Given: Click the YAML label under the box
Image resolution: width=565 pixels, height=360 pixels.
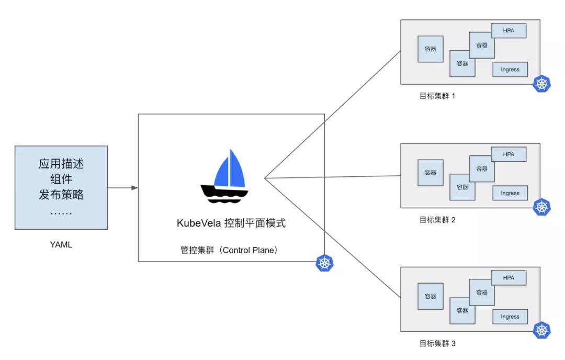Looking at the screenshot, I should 61,244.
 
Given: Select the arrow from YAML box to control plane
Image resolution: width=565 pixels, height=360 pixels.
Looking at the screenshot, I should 123,187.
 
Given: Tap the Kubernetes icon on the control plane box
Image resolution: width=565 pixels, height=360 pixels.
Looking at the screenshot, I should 324,263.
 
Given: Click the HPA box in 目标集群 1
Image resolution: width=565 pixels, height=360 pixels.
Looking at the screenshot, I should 508,31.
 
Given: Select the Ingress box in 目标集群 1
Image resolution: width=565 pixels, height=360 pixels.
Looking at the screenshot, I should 510,69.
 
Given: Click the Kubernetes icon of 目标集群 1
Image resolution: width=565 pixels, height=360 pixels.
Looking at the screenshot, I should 542,84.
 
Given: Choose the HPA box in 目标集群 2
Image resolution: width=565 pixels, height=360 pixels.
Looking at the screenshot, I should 508,154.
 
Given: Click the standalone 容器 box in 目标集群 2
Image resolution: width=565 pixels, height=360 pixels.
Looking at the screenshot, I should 431,172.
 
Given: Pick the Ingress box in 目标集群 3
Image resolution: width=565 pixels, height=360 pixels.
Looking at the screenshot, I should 510,317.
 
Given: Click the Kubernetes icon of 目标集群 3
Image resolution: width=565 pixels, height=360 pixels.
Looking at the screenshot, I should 542,331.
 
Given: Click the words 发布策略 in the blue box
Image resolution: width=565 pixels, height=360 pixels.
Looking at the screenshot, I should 61,195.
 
